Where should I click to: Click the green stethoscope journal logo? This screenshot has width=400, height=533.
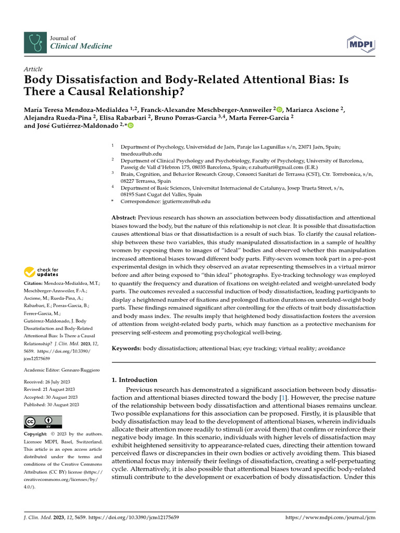click(35, 42)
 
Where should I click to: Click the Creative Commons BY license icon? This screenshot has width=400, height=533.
click(43, 422)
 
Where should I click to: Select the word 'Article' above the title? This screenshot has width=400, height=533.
click(33, 69)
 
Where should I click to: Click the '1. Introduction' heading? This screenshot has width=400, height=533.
click(135, 379)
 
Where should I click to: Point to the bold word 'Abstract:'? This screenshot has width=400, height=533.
click(124, 217)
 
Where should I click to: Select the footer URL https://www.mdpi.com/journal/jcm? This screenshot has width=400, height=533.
click(331, 518)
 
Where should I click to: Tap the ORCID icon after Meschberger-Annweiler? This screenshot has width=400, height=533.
click(279, 109)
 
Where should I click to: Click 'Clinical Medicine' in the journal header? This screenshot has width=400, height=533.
click(81, 46)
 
